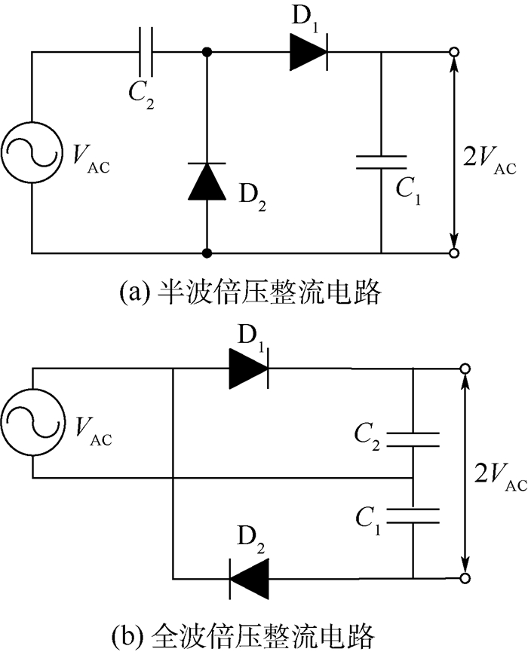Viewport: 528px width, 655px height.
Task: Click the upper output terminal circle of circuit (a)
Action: (454, 54)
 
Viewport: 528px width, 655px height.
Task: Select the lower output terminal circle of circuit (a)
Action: (454, 253)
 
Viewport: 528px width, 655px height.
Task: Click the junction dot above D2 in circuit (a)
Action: (206, 54)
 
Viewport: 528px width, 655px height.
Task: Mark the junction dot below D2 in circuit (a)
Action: (206, 253)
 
